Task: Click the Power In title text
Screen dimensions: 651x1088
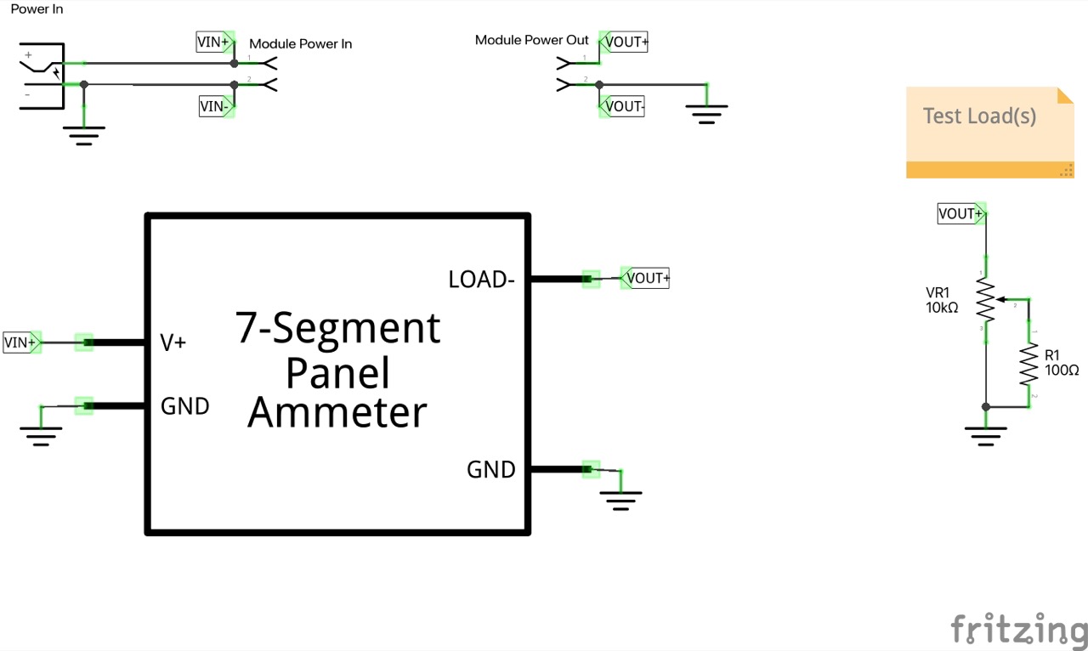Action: pos(37,9)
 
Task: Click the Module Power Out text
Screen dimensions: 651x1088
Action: pos(531,40)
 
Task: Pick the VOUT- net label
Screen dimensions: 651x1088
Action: pos(623,107)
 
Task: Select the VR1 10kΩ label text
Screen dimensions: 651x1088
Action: pos(942,300)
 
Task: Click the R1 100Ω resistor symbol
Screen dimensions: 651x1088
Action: pos(1028,363)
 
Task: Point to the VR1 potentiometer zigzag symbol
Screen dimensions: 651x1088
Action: pos(985,299)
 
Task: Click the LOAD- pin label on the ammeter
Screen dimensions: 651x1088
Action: pos(481,280)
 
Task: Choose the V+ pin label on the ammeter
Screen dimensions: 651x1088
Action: pos(173,342)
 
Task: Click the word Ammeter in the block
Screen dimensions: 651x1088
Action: pos(337,412)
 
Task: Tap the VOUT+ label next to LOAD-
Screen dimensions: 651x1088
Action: pos(646,278)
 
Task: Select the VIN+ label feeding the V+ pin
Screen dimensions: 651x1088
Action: pos(21,342)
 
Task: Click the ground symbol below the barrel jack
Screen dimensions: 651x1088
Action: pos(83,135)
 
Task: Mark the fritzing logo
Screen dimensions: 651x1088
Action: pos(1018,630)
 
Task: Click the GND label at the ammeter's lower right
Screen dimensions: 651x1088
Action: pos(490,469)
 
